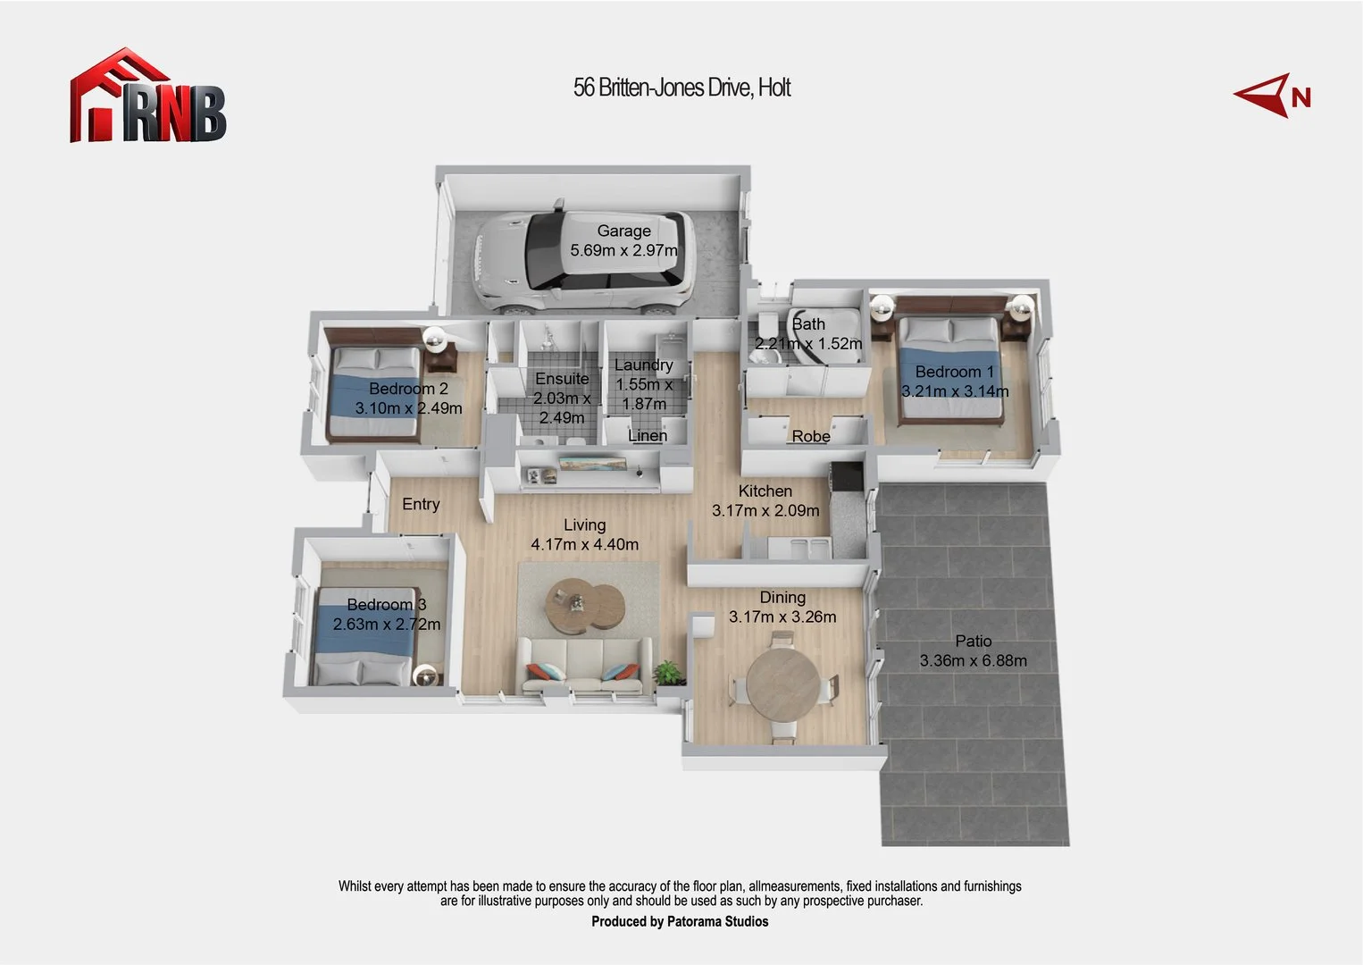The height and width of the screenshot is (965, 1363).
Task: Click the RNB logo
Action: pyautogui.click(x=148, y=96)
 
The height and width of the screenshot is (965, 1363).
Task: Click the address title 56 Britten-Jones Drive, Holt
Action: pyautogui.click(x=681, y=88)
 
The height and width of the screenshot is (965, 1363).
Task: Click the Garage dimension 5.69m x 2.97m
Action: pyautogui.click(x=623, y=250)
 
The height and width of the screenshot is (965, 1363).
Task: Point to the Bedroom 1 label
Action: pyautogui.click(x=954, y=372)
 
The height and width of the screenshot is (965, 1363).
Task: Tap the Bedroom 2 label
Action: pyautogui.click(x=408, y=389)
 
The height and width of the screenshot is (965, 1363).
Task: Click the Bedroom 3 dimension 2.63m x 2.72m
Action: pyautogui.click(x=387, y=624)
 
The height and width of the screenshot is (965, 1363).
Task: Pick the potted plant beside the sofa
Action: pyautogui.click(x=667, y=672)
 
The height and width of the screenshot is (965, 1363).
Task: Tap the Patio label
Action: pyautogui.click(x=973, y=641)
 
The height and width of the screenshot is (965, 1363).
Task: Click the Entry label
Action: pyautogui.click(x=421, y=504)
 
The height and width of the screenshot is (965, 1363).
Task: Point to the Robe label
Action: pyautogui.click(x=811, y=436)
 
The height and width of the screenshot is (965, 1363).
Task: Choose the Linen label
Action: pyautogui.click(x=648, y=435)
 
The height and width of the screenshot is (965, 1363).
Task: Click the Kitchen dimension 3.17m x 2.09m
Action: pyautogui.click(x=765, y=510)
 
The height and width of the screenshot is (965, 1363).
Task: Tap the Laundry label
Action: pyautogui.click(x=643, y=365)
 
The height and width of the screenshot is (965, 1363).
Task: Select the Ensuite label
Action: pyautogui.click(x=562, y=379)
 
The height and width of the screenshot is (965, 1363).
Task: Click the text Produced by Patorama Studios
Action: pyautogui.click(x=680, y=921)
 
